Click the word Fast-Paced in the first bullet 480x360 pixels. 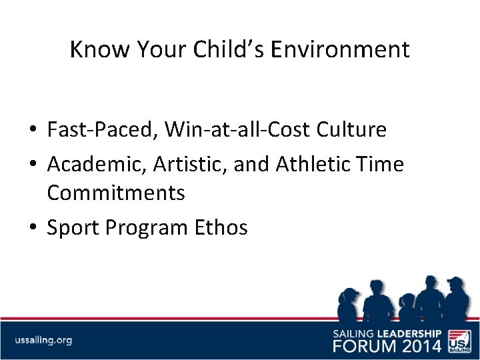[100, 129]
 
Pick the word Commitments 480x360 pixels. [115, 193]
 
